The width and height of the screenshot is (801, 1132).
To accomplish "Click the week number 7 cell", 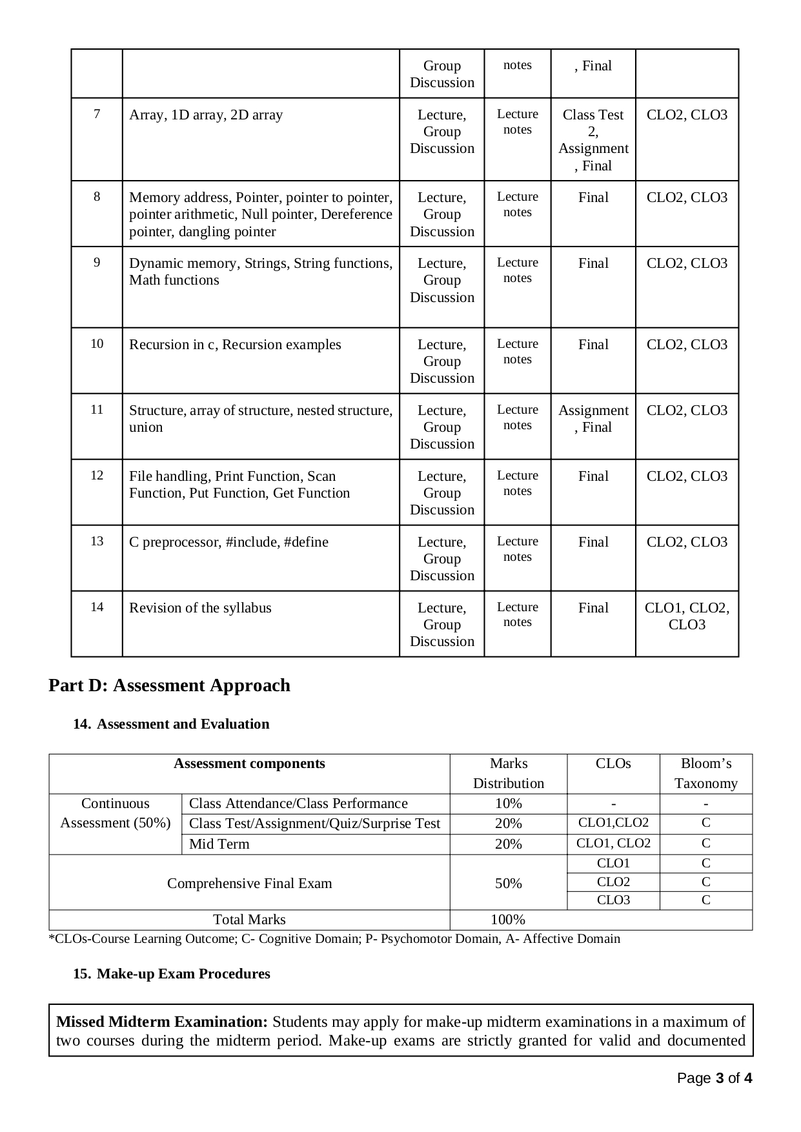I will click(x=97, y=114).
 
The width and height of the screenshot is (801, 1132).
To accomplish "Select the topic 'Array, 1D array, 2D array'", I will click(x=206, y=115).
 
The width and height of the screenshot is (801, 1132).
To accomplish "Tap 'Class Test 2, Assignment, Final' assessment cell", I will click(x=593, y=140).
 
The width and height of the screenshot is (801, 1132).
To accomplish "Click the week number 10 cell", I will click(x=97, y=344).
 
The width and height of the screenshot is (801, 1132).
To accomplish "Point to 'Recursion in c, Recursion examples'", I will click(x=235, y=345).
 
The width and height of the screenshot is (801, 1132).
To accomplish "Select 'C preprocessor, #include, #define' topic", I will click(x=228, y=542).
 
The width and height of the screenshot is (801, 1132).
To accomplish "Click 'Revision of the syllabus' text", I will click(x=200, y=608).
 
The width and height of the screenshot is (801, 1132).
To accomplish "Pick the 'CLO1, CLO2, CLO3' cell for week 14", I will click(x=687, y=616).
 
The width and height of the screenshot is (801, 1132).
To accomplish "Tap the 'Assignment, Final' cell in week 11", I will click(x=593, y=419).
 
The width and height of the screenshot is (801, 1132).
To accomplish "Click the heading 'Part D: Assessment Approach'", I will click(x=169, y=685).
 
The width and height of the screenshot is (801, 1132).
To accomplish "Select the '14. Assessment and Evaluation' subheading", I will click(x=171, y=724).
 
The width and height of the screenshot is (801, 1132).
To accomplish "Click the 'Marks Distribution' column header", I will click(x=508, y=773).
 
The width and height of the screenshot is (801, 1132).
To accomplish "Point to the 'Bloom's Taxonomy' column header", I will click(x=705, y=773).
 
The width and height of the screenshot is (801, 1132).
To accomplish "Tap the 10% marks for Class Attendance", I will click(x=508, y=804).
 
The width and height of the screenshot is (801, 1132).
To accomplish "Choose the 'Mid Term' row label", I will click(x=219, y=844).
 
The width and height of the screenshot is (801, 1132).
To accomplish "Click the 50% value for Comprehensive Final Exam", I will click(x=508, y=884).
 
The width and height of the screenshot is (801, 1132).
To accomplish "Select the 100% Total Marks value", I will click(x=508, y=920).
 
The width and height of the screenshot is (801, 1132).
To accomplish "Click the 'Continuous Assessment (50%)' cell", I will click(x=115, y=813).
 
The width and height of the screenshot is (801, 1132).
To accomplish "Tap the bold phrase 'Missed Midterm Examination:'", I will click(x=162, y=1022).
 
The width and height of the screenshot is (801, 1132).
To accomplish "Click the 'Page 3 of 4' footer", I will click(x=715, y=1078).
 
